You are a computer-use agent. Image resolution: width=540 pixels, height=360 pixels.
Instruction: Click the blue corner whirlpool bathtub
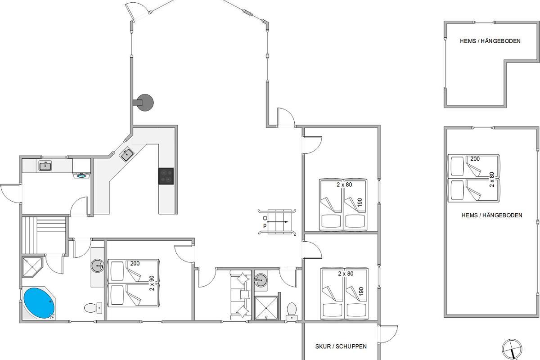[39, 303]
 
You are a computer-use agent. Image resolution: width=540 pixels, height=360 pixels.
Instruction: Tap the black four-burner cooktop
[166, 176]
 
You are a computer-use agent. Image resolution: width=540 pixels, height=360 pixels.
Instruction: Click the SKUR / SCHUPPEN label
[341, 346]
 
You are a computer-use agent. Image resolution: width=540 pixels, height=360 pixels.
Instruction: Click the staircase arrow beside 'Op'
[278, 222]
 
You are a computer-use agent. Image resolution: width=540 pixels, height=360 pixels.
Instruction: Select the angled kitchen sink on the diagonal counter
[127, 154]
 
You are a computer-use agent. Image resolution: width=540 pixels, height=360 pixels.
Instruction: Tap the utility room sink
[45, 166]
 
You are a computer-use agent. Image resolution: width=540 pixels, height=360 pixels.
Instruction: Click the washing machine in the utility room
[81, 168]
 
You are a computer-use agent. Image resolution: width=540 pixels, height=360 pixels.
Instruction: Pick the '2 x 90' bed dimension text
[152, 283]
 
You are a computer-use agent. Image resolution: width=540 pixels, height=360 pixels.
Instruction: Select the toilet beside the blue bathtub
[93, 308]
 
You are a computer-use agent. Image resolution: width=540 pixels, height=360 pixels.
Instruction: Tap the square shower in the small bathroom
[266, 308]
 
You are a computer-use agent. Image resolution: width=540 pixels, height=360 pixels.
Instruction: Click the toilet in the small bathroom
[292, 311]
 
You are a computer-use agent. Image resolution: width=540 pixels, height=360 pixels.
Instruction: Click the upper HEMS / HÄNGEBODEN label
[490, 41]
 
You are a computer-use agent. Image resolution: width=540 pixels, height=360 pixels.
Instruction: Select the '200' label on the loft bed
[475, 159]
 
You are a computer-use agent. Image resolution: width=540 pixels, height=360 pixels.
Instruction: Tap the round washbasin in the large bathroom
[98, 265]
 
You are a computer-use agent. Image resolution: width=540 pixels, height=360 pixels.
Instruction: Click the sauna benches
[44, 235]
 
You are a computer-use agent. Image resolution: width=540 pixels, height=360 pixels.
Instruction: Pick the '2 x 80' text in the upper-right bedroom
[344, 184]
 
